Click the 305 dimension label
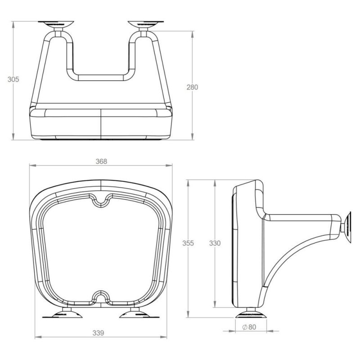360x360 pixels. tap(13, 80)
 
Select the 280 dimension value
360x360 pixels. tap(192, 87)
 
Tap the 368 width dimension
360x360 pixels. tap(101, 162)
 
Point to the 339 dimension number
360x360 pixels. tap(98, 333)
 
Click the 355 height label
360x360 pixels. tap(188, 243)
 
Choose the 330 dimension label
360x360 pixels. tap(215, 243)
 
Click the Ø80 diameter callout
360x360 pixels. tap(249, 327)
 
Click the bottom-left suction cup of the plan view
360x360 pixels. tap(63, 314)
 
